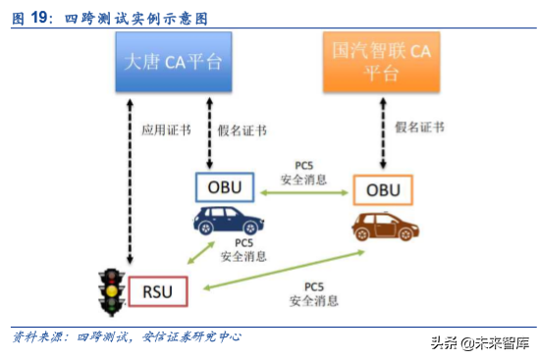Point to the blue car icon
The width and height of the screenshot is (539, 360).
point(225,222)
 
